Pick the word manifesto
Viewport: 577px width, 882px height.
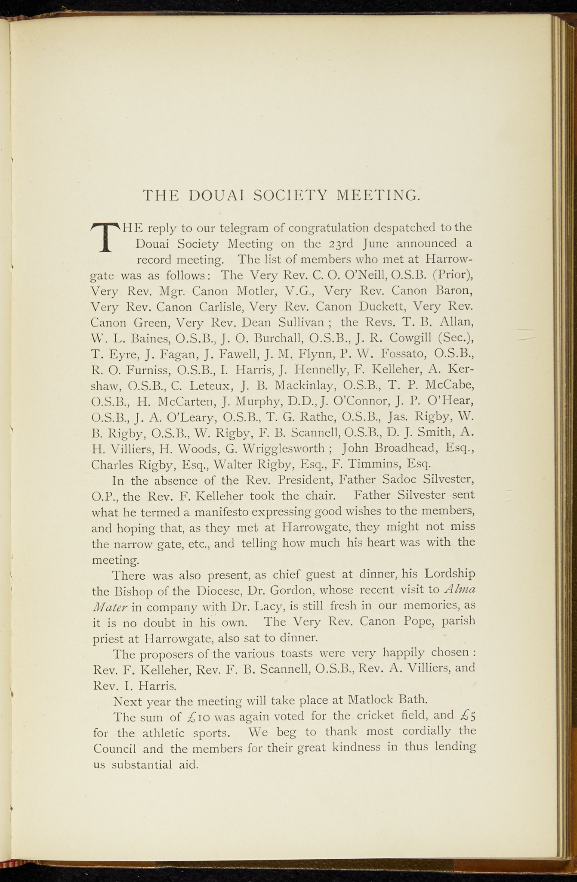[221, 512]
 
